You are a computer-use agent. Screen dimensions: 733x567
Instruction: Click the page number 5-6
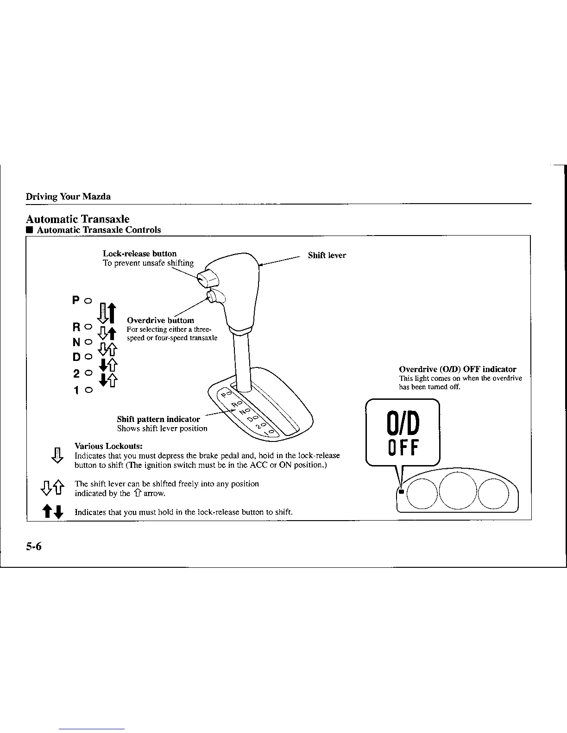pos(34,547)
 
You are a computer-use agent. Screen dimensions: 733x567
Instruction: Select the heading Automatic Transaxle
pos(77,219)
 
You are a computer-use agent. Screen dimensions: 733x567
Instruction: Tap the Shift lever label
pos(327,255)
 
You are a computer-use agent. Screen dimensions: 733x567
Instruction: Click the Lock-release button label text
pos(139,254)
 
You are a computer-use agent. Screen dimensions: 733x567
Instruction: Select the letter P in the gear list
pos(76,301)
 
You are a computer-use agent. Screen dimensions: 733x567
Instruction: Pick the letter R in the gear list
pos(76,328)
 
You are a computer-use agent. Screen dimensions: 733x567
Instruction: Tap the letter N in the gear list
pos(76,343)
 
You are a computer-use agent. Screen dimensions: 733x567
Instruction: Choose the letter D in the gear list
pos(76,357)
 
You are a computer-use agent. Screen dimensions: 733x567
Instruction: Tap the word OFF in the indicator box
pos(403,447)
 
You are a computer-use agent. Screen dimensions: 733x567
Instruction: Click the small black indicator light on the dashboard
pos(402,491)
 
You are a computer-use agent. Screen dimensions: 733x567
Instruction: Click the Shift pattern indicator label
pos(158,419)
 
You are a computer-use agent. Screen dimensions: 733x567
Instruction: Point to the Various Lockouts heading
pos(108,447)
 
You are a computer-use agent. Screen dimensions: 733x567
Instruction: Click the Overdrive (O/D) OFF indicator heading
pos(457,369)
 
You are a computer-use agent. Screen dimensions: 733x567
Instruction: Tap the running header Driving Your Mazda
pos(68,197)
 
